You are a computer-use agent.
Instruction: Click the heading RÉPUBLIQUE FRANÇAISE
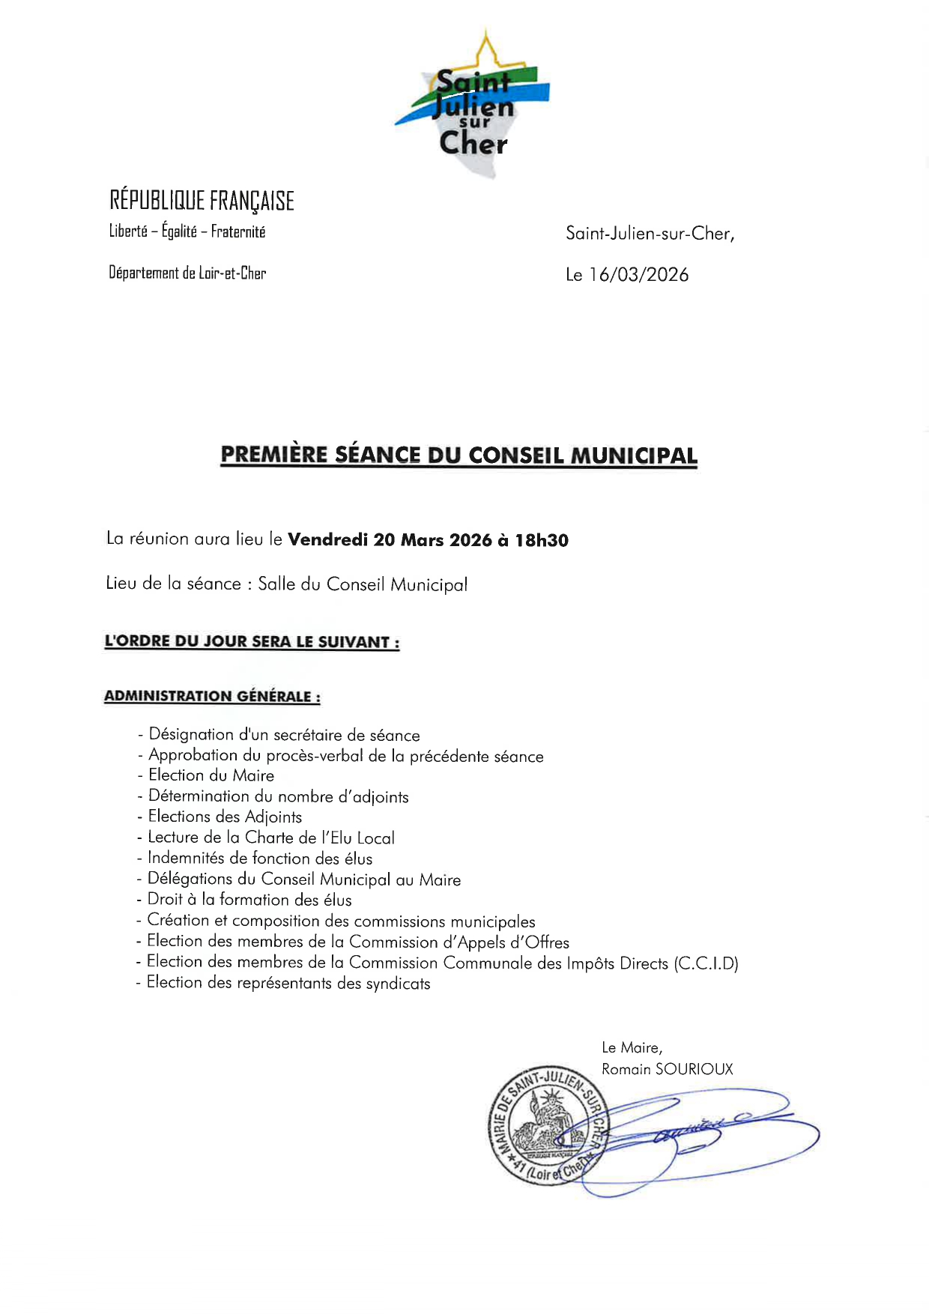click(x=202, y=201)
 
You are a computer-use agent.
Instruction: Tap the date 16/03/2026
click(x=638, y=275)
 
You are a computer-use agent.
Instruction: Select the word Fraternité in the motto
click(x=238, y=231)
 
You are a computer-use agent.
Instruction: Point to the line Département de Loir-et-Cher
click(x=187, y=273)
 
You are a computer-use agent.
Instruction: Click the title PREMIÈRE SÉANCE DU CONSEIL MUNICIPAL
click(x=459, y=455)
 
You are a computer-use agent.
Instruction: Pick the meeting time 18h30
click(x=541, y=540)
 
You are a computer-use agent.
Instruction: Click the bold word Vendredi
click(x=328, y=539)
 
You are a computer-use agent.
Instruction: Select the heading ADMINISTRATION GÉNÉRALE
click(x=212, y=696)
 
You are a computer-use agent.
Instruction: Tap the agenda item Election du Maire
click(x=211, y=775)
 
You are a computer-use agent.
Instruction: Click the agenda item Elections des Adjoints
click(x=225, y=817)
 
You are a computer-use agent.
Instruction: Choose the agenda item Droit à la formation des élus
click(x=249, y=900)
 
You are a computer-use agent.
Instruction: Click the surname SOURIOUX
click(x=694, y=1069)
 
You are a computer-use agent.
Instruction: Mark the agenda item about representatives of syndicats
click(x=288, y=983)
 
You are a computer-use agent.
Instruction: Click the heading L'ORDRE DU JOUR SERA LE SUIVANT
click(x=252, y=642)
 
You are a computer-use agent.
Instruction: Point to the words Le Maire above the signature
click(x=632, y=1047)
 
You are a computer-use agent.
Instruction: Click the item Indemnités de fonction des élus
click(x=259, y=859)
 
